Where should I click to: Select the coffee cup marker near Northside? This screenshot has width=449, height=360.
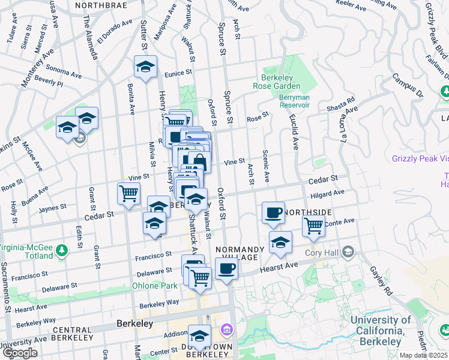click(x=273, y=212)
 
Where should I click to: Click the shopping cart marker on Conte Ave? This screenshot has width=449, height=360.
click(x=313, y=226)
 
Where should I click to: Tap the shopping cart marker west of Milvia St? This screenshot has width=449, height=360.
click(x=129, y=193)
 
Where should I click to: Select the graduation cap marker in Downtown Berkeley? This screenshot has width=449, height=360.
click(x=200, y=335)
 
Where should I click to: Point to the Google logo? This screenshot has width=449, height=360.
click(x=20, y=353)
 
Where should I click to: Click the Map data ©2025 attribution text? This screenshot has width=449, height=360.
click(x=424, y=355)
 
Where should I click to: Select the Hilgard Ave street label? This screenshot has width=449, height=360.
click(x=328, y=194)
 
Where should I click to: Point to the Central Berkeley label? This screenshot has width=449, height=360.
click(x=80, y=330)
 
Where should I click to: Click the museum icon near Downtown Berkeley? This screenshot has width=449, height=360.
click(x=226, y=329)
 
